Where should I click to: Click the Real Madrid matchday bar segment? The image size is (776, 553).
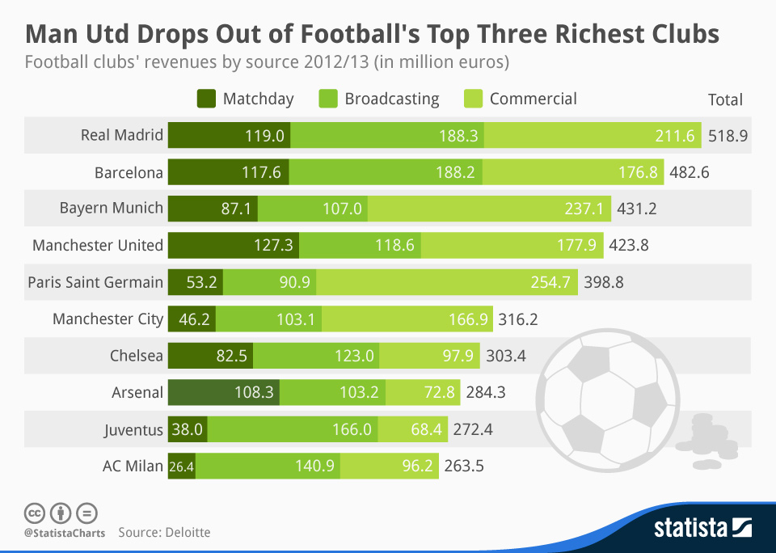click(229, 136)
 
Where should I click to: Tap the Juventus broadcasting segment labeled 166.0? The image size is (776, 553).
click(293, 429)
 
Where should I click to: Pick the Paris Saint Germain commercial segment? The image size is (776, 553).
click(447, 282)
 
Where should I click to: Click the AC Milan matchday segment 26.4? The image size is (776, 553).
click(182, 466)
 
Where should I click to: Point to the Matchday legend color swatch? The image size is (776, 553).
click(206, 99)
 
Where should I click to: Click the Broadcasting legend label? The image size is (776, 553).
click(391, 99)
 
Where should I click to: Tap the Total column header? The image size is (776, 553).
click(725, 100)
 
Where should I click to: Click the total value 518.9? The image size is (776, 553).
click(727, 136)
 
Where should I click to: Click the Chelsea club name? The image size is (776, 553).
click(136, 356)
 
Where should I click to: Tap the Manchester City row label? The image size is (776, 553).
click(108, 319)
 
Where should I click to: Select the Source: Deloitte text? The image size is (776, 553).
click(164, 533)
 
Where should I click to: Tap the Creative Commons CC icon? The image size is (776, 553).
click(34, 513)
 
